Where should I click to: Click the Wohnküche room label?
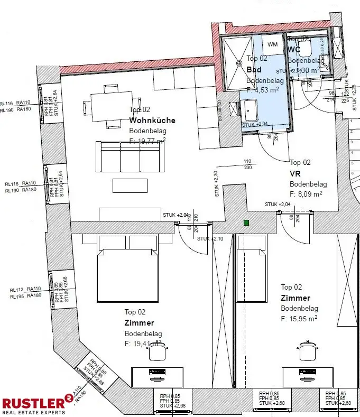pos(152,121)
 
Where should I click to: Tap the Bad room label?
pos(254,70)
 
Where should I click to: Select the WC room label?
pos(294,50)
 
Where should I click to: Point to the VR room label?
pos(295,173)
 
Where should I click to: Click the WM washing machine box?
pos(273,44)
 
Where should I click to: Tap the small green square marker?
pos(246,223)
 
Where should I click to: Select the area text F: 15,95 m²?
pos(299,319)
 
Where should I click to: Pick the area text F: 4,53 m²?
pos(262,90)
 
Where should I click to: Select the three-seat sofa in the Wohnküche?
pos(131,156)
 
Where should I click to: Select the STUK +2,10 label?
pos(210,239)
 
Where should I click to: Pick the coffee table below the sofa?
pos(131,186)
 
